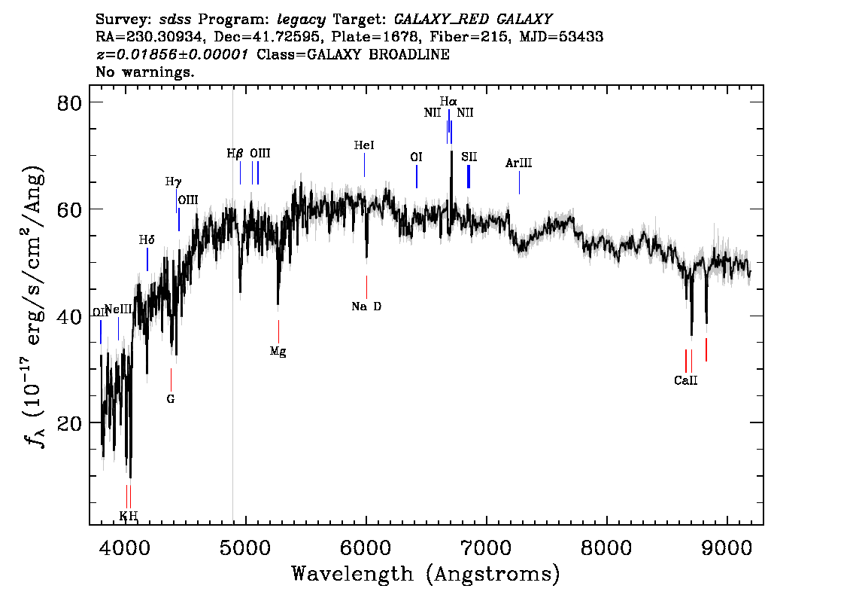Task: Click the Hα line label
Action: (448, 101)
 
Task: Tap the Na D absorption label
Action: (366, 307)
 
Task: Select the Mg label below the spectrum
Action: (278, 351)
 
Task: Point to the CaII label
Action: (685, 381)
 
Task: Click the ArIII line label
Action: (519, 163)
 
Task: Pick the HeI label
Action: (364, 145)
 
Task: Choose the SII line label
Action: (469, 157)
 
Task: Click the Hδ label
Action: (147, 240)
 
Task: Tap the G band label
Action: (171, 399)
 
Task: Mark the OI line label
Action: (416, 157)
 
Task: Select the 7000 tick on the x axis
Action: (487, 544)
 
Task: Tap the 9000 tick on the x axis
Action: (727, 544)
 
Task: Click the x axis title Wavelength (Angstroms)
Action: (426, 574)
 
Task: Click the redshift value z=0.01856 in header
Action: (175, 55)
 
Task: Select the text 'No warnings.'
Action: (144, 72)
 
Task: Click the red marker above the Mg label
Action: (278, 331)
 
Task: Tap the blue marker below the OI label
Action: (417, 176)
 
